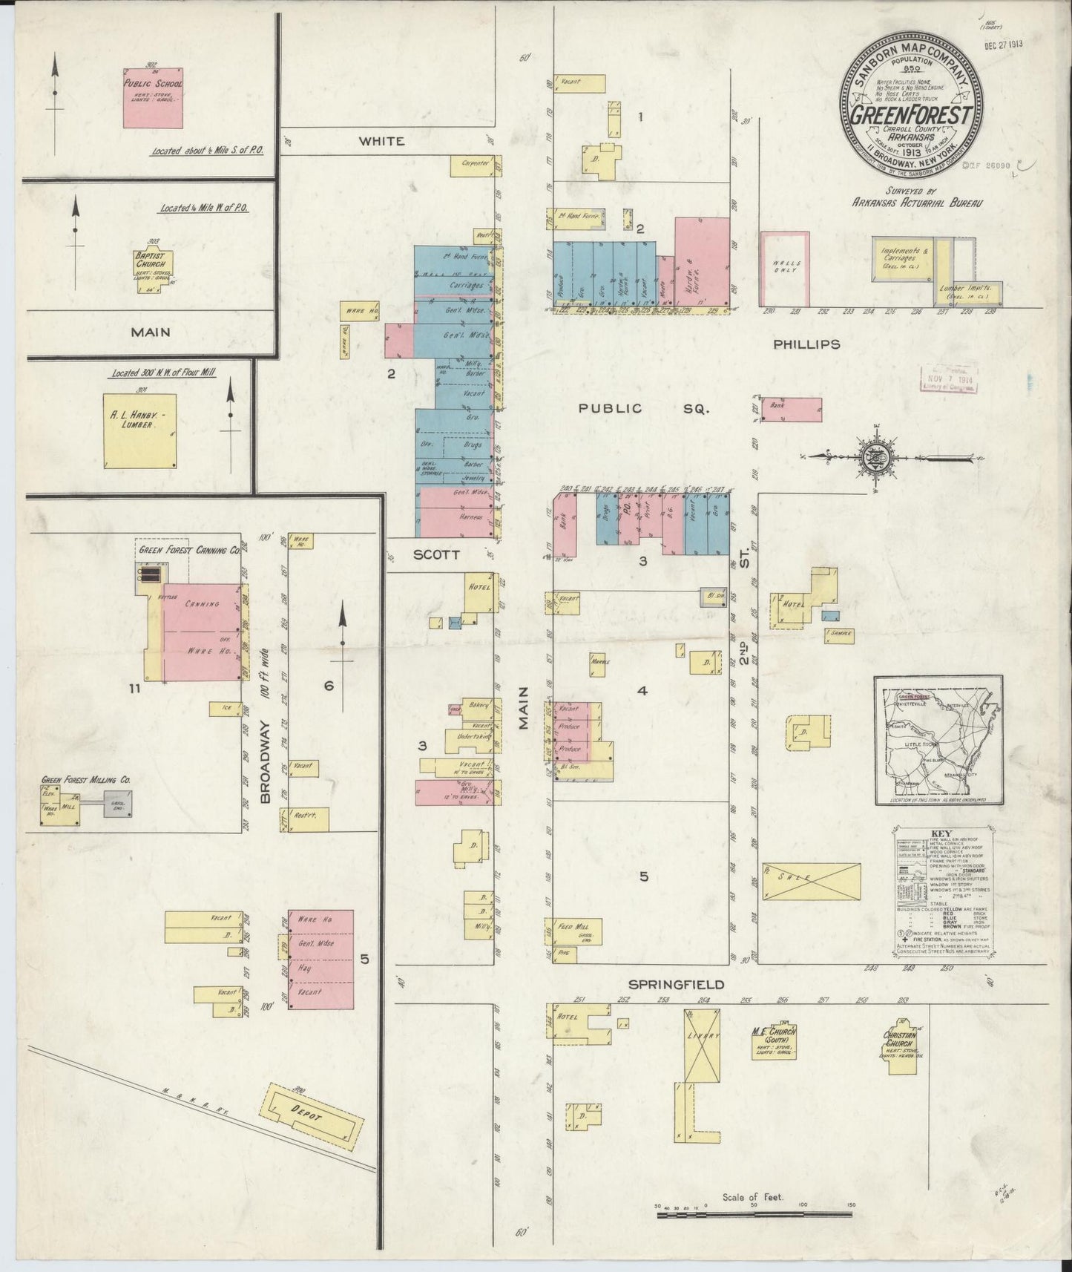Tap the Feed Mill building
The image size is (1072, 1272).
[577, 931]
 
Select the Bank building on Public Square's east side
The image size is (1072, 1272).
[792, 410]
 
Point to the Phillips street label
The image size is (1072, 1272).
[806, 344]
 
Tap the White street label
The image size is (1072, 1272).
[382, 141]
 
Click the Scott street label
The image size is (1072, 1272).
[437, 554]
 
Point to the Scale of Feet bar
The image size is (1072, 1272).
[754, 1215]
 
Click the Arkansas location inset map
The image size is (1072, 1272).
[938, 740]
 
